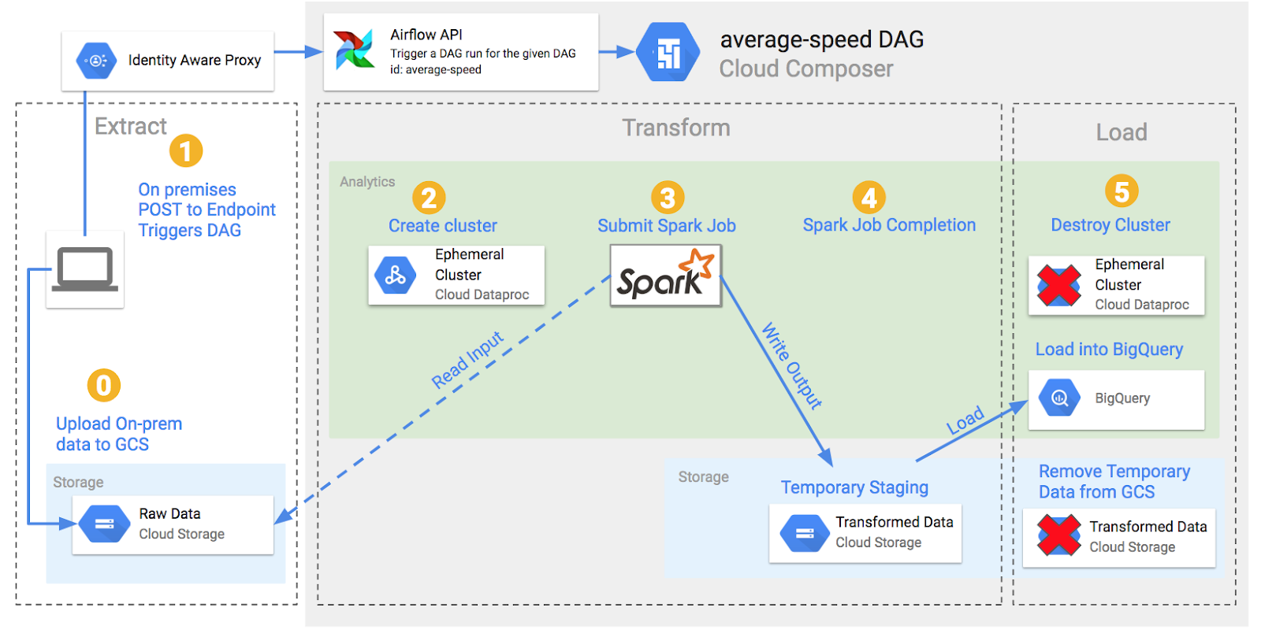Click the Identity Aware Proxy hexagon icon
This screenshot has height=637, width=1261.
coord(96,61)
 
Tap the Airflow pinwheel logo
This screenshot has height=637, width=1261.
coord(354,50)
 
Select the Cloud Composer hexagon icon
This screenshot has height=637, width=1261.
coord(668,52)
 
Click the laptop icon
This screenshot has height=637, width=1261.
coord(85,270)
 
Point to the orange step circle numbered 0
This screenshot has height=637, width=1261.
coord(103,386)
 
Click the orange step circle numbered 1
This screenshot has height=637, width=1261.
coord(186,150)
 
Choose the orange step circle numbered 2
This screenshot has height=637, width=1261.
coord(429,198)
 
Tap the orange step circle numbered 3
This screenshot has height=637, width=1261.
coord(668,198)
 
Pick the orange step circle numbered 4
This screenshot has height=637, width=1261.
coord(869,198)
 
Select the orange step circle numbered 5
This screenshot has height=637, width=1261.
coord(1122,191)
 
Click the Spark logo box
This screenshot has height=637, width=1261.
coord(666,276)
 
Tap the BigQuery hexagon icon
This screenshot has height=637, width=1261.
coord(1059,398)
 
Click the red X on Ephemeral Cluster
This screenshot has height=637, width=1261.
coord(1059,286)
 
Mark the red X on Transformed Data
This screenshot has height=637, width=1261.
coord(1059,535)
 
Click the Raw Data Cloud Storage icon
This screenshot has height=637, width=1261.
coord(105,524)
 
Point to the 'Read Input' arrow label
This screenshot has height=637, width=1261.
coord(467,360)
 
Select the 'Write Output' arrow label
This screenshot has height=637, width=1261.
coord(791,365)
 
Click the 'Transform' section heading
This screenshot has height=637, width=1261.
coord(676,128)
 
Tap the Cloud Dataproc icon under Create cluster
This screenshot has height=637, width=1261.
coord(396,276)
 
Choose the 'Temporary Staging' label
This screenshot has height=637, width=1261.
coord(854,487)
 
